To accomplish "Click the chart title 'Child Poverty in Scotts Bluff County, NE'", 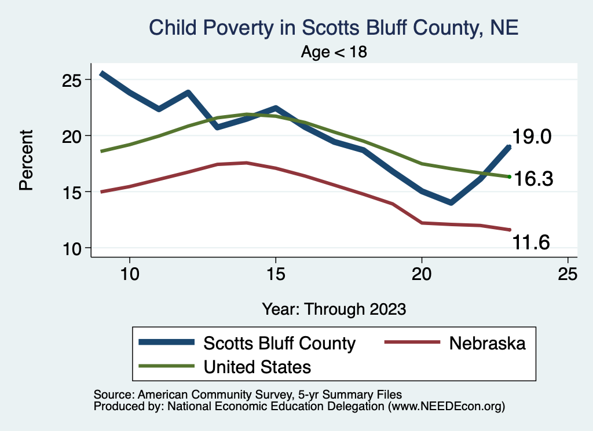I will point(334,28).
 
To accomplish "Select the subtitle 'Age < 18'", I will point(334,52).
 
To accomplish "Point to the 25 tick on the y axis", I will point(73,80).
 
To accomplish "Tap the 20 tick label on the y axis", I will point(73,136).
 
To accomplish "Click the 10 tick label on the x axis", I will point(130,274).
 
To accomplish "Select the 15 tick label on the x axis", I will point(276,274).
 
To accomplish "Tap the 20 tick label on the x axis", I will point(422,274).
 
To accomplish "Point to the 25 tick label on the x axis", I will point(568,274).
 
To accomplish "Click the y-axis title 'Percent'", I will point(25,160).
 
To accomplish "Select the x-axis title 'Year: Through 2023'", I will point(334,308).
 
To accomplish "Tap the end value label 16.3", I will point(534,179).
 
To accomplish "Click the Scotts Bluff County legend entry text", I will point(279,343).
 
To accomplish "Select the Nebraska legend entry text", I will point(487,343).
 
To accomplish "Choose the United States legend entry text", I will point(257,366).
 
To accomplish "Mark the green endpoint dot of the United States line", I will point(509,176).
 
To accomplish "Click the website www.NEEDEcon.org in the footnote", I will point(446,407).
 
